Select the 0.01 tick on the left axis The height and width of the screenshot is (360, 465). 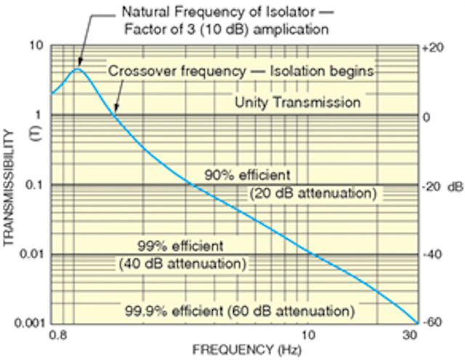[33, 255]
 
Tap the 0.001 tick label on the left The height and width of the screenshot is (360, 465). [30, 324]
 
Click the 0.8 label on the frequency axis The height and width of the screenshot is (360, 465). [61, 336]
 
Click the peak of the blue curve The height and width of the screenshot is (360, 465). [78, 68]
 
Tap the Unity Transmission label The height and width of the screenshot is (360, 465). [297, 103]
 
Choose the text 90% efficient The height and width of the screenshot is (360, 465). [248, 175]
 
